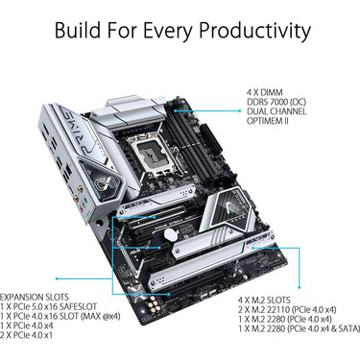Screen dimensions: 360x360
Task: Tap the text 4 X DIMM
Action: pos(265,90)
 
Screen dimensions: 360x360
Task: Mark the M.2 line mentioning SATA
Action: pos(298,330)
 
